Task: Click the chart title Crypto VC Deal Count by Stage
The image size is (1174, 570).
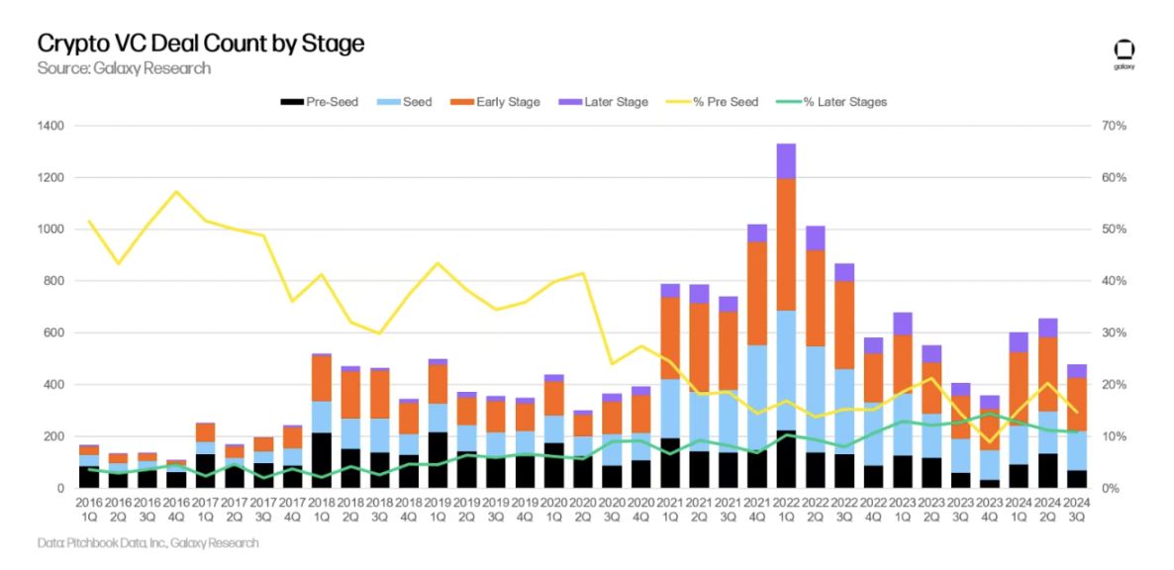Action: tap(201, 44)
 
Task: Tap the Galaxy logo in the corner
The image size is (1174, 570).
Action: tap(1124, 53)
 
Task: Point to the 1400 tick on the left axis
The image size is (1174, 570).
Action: tap(51, 126)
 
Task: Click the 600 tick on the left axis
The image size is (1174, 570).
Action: tap(55, 332)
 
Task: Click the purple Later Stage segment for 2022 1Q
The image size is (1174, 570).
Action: tap(786, 160)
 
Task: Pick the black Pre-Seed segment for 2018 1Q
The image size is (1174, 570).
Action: tap(322, 460)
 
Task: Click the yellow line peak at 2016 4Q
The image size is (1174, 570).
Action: tap(176, 191)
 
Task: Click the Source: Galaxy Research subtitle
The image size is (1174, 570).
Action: tap(124, 68)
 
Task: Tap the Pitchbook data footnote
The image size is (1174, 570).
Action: tap(147, 542)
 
